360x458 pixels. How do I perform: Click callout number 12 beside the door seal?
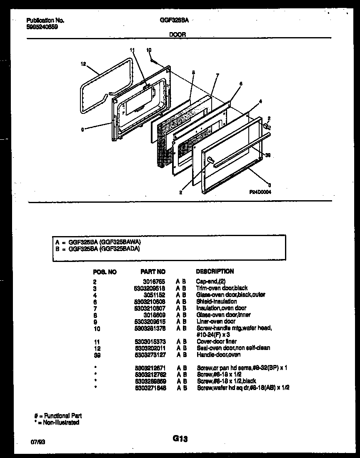[83, 64]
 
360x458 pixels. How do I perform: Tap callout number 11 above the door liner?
[132, 50]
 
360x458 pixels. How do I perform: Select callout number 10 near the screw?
[149, 50]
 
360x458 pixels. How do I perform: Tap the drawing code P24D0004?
[260, 192]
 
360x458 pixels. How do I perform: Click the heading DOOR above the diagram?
[177, 35]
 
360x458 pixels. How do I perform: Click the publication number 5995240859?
[42, 27]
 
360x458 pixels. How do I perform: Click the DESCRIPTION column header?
[215, 271]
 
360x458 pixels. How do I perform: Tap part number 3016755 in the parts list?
[156, 282]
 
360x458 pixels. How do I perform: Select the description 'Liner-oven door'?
[216, 322]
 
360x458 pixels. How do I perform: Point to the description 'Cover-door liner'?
[217, 342]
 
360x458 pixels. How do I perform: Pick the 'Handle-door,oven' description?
[218, 355]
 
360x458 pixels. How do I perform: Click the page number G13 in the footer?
[180, 438]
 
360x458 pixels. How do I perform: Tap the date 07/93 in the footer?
[36, 440]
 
